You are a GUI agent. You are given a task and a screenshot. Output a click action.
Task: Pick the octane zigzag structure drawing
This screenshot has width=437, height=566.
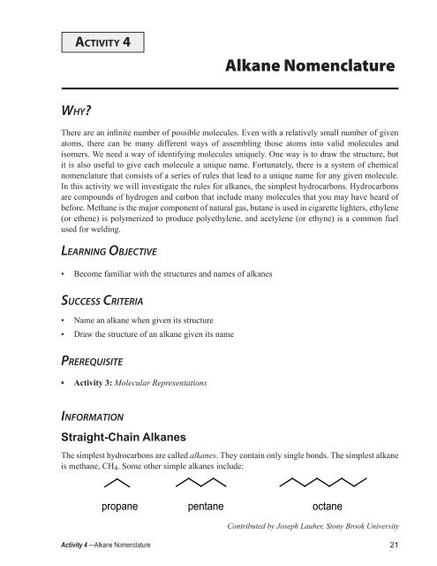320,483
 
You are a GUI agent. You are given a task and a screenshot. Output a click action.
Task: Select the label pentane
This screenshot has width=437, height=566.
209,508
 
